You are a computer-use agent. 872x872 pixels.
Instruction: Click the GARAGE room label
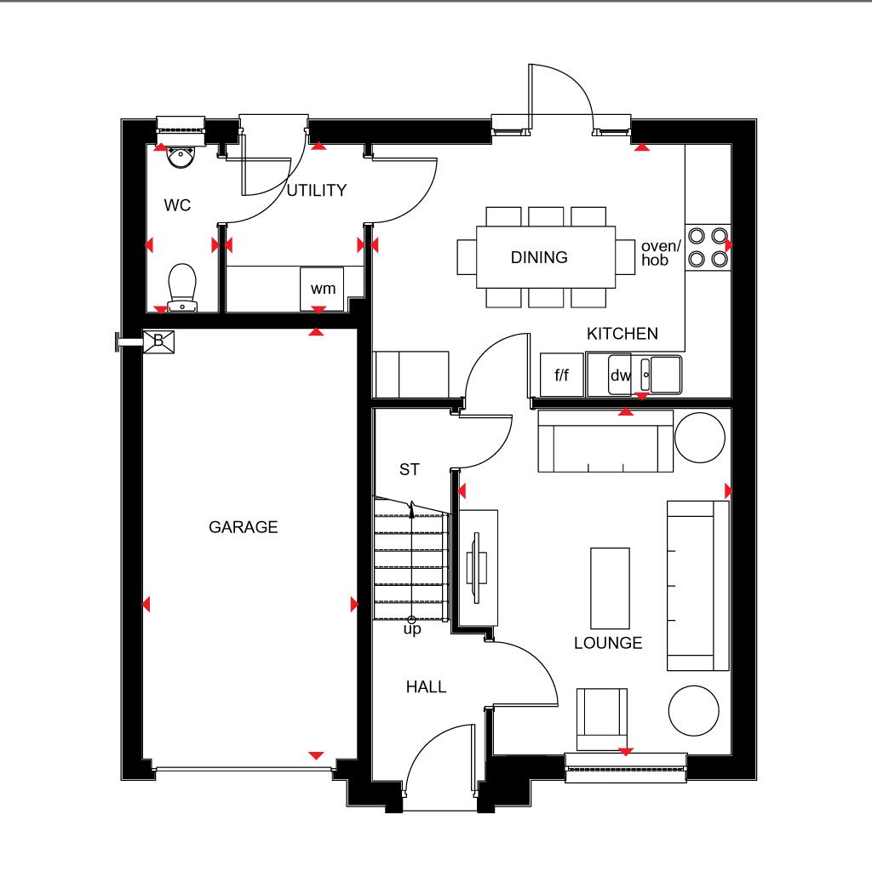point(243,526)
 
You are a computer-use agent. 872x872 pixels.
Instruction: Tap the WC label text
point(177,205)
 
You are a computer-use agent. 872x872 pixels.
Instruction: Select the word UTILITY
point(317,190)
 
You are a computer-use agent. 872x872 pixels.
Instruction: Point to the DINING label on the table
point(539,257)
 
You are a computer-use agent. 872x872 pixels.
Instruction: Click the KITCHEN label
point(622,334)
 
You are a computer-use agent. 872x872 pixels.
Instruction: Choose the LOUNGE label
point(608,643)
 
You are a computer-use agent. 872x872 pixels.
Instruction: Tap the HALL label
point(426,687)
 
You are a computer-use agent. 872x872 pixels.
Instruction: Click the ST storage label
point(410,469)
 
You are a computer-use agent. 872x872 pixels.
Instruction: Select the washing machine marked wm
point(322,289)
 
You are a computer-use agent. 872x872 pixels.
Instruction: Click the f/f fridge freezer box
point(562,375)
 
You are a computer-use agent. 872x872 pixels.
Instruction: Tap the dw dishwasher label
point(620,376)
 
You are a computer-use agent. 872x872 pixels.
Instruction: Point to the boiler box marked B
point(159,341)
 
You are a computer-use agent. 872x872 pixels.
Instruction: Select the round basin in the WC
point(181,157)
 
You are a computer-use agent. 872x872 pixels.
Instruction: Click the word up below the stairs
point(412,629)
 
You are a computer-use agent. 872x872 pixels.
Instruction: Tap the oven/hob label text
point(661,253)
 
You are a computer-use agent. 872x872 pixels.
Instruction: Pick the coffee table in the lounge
point(610,588)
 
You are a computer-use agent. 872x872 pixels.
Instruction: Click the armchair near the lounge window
point(602,719)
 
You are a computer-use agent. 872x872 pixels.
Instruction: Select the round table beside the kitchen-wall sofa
point(700,438)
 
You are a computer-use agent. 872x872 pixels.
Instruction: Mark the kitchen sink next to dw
point(661,375)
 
